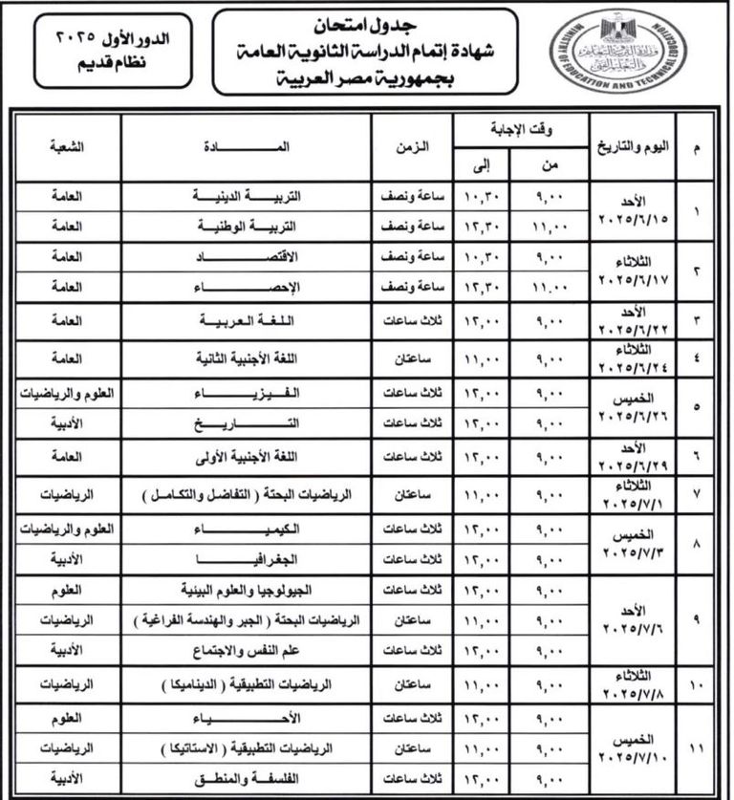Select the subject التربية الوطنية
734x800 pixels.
(x=248, y=227)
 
